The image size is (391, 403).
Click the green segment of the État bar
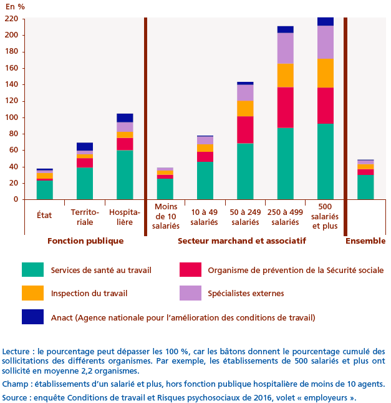click(45, 190)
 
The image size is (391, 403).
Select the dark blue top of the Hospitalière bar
click(125, 117)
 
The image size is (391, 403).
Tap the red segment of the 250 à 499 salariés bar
click(286, 107)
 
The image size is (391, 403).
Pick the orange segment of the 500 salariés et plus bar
click(326, 72)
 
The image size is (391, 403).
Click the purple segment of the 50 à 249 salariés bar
click(245, 92)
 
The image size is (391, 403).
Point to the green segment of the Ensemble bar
click(365, 187)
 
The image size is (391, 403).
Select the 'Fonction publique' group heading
click(85, 241)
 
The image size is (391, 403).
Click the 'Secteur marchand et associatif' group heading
click(242, 241)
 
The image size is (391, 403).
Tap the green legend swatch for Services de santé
click(32, 270)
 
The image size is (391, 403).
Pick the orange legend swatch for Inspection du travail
click(32, 293)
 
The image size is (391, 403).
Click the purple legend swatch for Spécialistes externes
click(190, 293)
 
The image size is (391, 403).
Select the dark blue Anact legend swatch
click(32, 317)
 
